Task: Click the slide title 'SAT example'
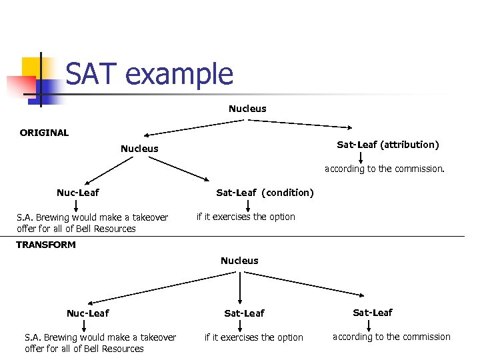pos(149,74)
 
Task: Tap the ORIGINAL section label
pos(44,133)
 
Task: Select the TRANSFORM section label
pos(46,245)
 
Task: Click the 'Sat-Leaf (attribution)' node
pos(387,145)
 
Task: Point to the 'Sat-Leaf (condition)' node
pos(265,193)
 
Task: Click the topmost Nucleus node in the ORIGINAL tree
pos(247,109)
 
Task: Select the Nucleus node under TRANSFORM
pos(239,261)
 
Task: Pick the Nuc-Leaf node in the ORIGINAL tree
pos(77,193)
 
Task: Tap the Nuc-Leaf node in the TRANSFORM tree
pos(87,313)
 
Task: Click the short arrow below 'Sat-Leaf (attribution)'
pos(361,157)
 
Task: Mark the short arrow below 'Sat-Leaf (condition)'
pos(248,205)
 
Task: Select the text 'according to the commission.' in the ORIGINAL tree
pos(384,169)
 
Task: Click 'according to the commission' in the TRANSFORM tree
pos(391,337)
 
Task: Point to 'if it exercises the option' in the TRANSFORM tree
pos(253,337)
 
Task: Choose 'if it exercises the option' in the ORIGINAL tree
pos(245,217)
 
